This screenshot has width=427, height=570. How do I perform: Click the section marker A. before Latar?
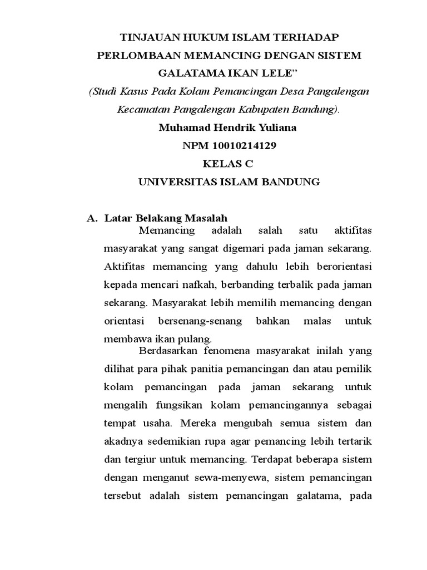click(x=92, y=218)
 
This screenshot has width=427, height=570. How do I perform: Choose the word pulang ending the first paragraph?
click(x=198, y=338)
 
